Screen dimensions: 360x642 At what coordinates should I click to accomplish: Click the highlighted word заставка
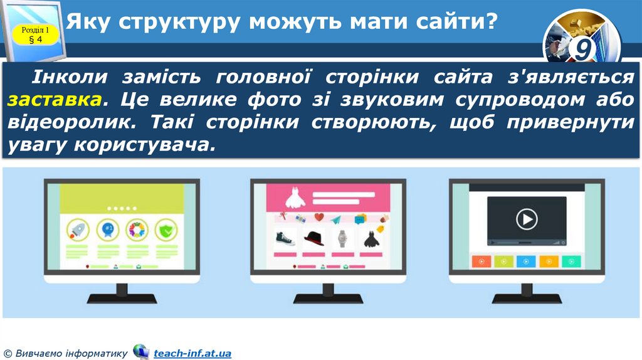click(55, 100)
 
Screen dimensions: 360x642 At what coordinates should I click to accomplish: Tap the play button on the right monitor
click(527, 219)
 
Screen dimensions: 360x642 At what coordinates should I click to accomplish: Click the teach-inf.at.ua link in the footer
click(192, 354)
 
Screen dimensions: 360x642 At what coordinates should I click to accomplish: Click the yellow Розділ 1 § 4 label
click(35, 34)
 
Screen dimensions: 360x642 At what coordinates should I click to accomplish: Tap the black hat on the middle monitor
click(313, 237)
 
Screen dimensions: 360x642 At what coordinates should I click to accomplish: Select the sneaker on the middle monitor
click(285, 238)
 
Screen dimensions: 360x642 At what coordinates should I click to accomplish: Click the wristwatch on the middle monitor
click(342, 238)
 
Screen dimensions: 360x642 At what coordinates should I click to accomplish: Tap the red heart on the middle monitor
click(318, 218)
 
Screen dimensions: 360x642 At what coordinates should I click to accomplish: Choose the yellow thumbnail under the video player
click(549, 261)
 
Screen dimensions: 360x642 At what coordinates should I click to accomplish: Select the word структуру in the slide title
click(176, 23)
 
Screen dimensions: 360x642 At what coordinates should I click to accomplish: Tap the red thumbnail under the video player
click(481, 261)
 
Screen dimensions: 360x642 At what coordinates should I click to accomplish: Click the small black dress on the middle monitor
click(370, 238)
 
